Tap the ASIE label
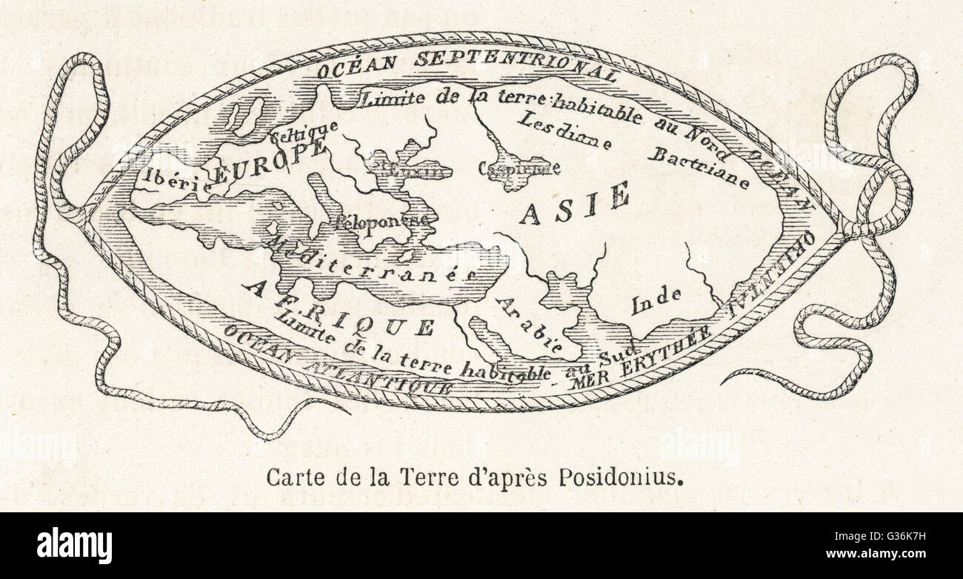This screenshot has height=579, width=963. [574, 203]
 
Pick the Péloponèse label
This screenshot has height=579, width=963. [381, 220]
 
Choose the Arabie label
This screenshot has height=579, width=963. [527, 324]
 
